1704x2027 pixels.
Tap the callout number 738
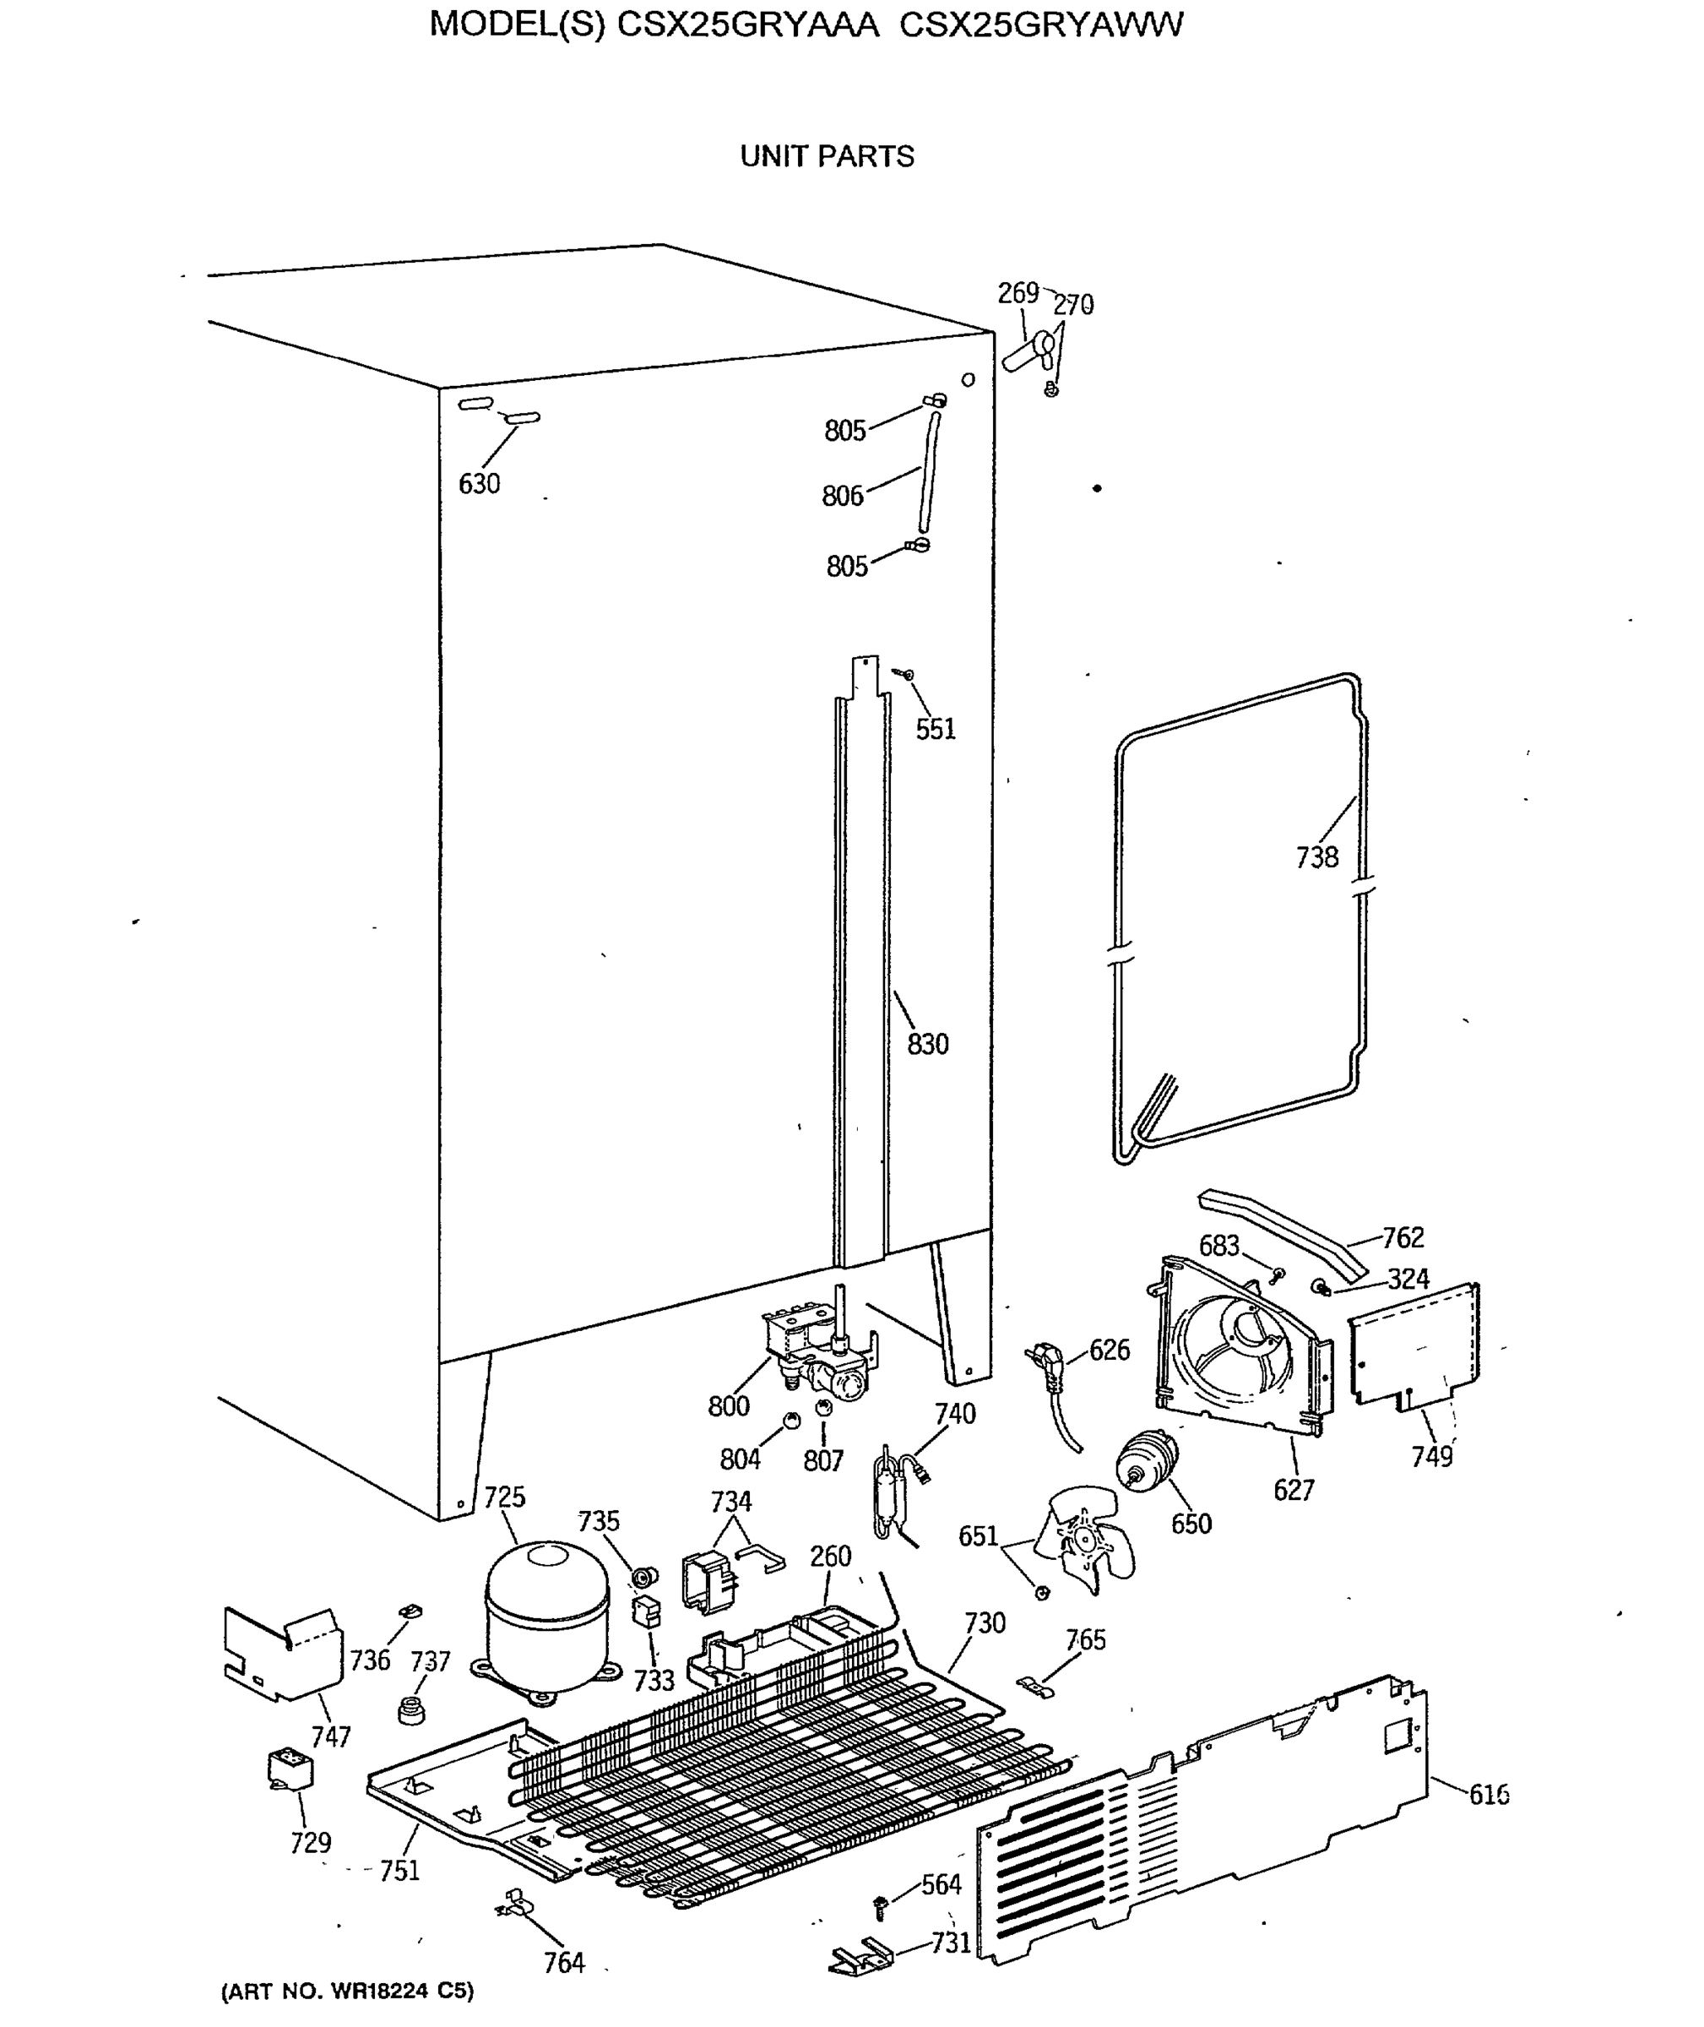coord(1316,857)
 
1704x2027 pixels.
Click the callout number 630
coord(479,483)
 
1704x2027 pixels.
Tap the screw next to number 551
coord(905,673)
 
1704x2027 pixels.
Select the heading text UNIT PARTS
coord(827,156)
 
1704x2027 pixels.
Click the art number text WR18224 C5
coord(348,1991)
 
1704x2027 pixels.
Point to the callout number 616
coord(1489,1795)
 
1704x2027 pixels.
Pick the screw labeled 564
coord(881,1906)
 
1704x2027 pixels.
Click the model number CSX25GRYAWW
coord(1040,24)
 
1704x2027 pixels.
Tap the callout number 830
coord(927,1045)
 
